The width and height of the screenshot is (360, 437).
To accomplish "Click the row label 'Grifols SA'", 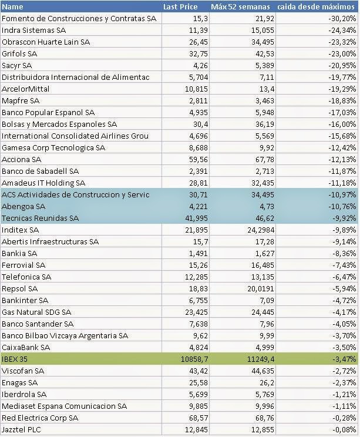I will [x=21, y=53].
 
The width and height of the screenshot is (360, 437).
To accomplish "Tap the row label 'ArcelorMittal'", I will [x=26, y=89].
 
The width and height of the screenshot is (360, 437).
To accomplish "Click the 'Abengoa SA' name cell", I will [x=23, y=206].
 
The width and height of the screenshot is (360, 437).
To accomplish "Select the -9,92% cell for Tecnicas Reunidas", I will [x=343, y=218].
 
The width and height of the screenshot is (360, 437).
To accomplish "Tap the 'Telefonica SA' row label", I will [x=26, y=277].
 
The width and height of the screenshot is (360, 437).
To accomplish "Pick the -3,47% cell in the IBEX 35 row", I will [x=343, y=359].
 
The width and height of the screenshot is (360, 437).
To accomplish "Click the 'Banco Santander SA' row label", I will [x=38, y=324].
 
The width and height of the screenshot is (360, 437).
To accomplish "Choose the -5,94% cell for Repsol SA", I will [x=343, y=288].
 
